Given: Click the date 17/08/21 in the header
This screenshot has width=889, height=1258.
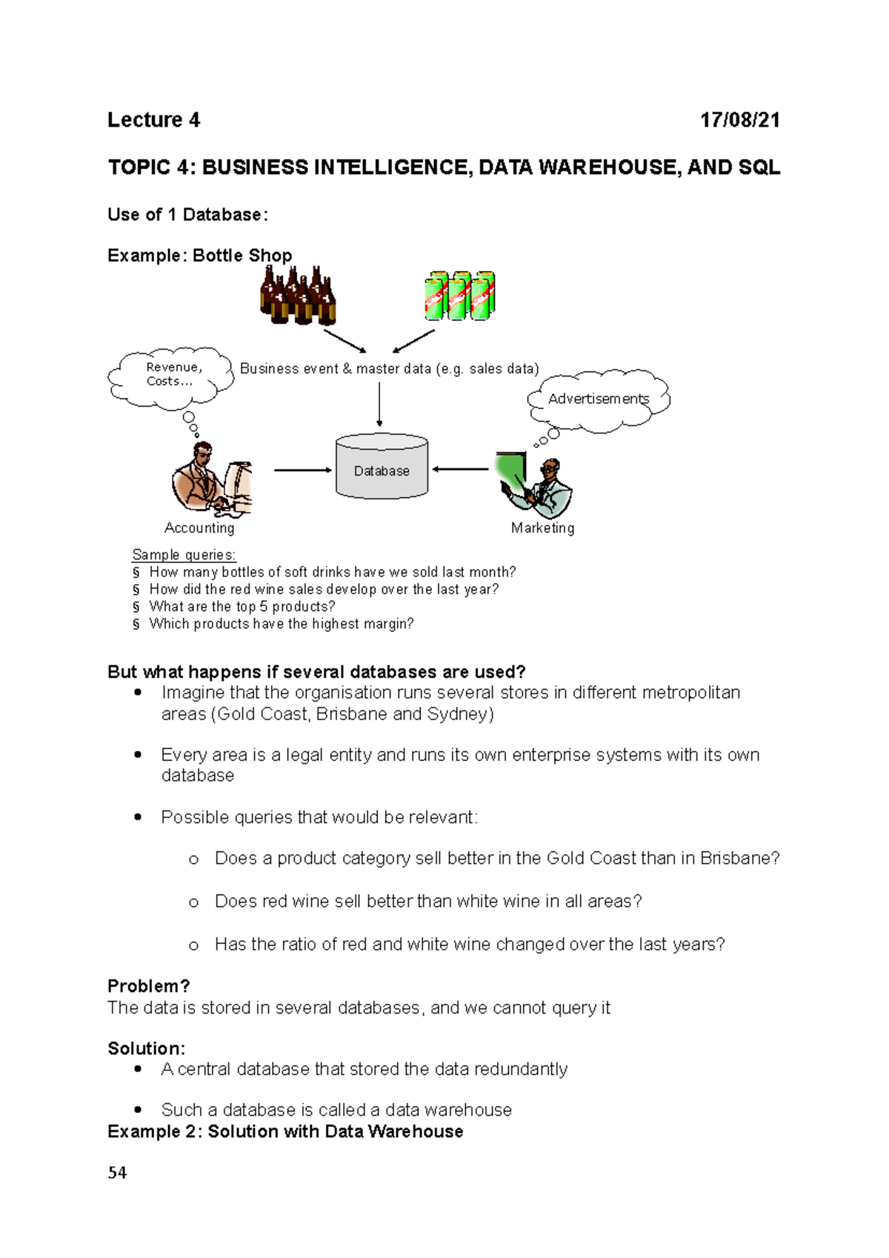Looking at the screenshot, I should [740, 120].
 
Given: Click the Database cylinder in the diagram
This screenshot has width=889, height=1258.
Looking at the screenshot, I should [382, 467].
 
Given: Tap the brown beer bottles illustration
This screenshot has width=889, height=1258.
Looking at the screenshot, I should [298, 296].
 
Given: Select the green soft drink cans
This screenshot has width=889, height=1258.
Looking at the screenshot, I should [459, 296].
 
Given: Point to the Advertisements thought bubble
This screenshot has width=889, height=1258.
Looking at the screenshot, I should [599, 399].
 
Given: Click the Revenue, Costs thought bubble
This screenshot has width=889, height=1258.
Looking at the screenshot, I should [172, 376].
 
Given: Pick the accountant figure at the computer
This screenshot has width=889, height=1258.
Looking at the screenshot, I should [211, 480].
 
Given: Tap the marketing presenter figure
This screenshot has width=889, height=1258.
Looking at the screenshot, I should [537, 485].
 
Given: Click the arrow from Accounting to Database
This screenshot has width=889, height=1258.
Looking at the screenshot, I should [302, 470].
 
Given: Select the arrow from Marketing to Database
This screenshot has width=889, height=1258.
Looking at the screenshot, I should [461, 469].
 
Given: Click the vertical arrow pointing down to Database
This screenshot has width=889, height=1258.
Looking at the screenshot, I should [379, 404].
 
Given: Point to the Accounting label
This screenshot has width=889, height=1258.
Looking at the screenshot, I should [199, 528].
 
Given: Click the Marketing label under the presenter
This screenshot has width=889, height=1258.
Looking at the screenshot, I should [542, 528].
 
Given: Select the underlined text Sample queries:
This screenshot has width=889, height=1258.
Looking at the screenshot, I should [184, 555].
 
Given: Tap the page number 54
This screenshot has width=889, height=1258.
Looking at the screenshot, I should [117, 1172].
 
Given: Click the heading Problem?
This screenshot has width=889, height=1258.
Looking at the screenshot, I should [148, 986].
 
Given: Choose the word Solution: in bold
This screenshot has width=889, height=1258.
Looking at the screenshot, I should [146, 1048].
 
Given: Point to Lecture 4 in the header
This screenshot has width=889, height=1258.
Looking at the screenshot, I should [153, 120].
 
